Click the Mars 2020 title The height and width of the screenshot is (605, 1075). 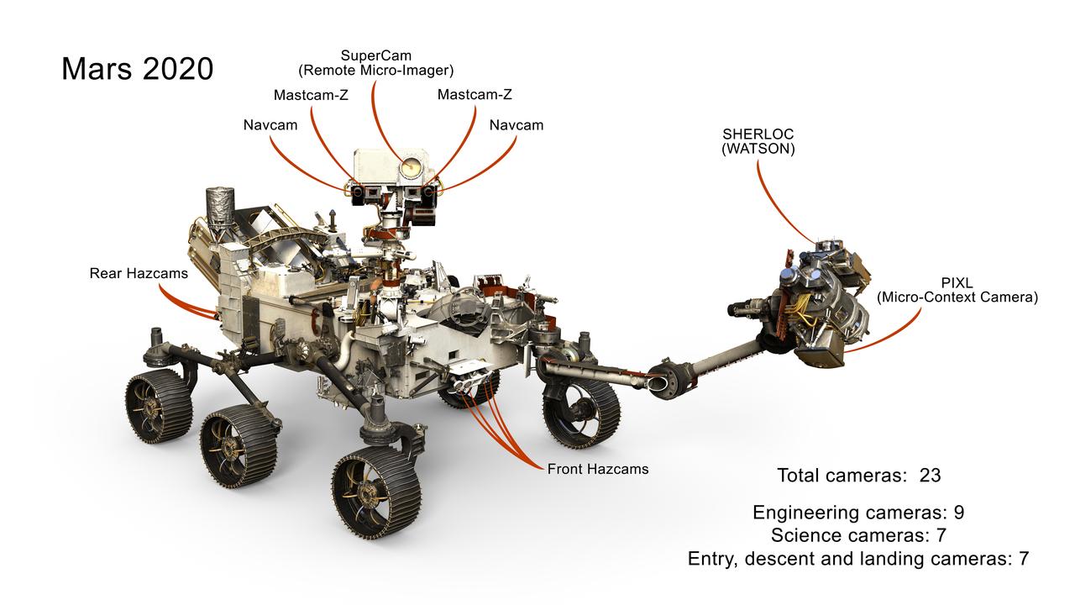point(138,68)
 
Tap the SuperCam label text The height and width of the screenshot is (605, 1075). point(376,63)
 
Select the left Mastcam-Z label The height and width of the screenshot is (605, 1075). point(311,95)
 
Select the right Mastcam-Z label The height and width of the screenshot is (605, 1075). point(475,95)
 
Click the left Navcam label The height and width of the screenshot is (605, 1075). point(270,125)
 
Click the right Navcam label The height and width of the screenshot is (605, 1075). point(517,125)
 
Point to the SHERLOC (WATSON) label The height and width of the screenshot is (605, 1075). point(758,141)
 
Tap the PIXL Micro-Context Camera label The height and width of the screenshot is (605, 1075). point(957,291)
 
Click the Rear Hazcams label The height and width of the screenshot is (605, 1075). point(139,273)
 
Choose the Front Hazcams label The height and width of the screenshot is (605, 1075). point(598,469)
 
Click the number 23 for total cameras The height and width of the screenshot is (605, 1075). point(930,475)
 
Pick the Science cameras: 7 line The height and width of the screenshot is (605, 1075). point(860,535)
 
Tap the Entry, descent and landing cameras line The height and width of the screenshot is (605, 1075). point(857,558)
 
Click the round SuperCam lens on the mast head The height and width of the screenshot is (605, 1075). point(410,167)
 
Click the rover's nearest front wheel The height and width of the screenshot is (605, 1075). point(375,492)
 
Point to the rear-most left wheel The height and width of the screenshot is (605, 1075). point(159,406)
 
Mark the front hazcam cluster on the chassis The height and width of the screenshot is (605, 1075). point(467,375)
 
